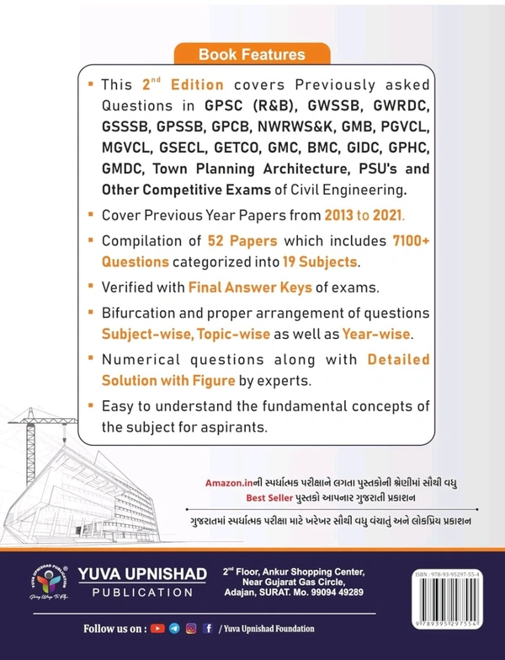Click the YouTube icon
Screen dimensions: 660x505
click(157, 629)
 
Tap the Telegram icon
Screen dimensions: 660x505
click(174, 629)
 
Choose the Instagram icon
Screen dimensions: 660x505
click(191, 629)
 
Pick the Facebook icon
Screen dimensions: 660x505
click(207, 629)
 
